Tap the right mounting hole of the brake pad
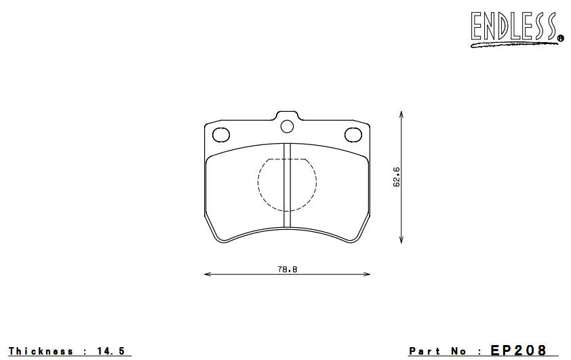[x=353, y=134]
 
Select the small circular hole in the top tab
[x=286, y=125]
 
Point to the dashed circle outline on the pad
[x=260, y=183]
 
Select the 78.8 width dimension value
[x=288, y=269]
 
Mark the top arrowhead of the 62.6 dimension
[x=402, y=115]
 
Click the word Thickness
[x=40, y=351]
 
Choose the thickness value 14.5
[x=111, y=351]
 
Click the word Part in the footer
[x=425, y=351]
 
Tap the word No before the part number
[x=459, y=351]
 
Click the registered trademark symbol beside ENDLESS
[x=560, y=39]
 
